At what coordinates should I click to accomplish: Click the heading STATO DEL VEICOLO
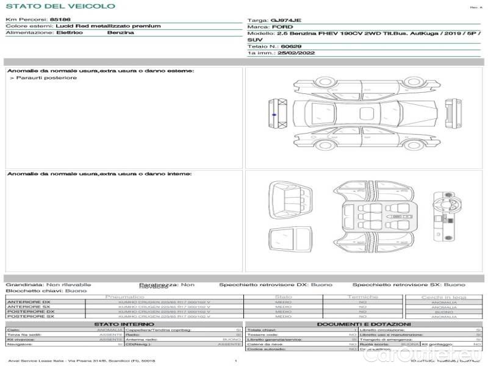60,6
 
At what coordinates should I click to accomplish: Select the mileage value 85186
60,20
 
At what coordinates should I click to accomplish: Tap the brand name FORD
279,27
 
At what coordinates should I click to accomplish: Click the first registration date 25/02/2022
290,54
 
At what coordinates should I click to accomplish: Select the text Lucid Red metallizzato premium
108,26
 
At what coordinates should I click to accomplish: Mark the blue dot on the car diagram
274,114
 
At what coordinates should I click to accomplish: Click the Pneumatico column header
124,297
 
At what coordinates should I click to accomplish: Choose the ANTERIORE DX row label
29,302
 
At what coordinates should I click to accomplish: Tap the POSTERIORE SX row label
29,317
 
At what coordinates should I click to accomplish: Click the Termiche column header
363,297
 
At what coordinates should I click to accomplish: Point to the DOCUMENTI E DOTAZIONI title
364,324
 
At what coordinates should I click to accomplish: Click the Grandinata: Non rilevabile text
48,285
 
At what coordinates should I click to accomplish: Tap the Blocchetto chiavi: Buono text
37,291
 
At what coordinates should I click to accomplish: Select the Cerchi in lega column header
443,297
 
